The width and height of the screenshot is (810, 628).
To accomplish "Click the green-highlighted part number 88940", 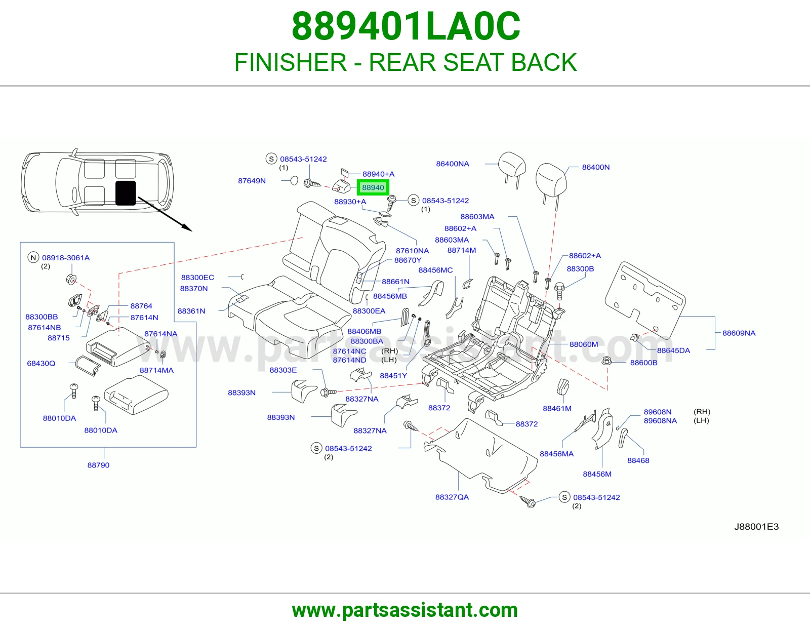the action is (373, 187).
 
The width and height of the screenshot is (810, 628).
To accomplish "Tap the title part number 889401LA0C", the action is (406, 26).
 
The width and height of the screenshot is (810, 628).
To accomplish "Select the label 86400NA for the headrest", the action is (453, 164).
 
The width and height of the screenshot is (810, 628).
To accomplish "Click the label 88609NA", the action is (739, 333).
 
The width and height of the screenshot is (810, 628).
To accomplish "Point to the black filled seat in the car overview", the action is (126, 193).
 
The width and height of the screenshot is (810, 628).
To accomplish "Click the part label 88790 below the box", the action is (98, 465).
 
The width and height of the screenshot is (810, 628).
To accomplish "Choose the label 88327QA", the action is (452, 497).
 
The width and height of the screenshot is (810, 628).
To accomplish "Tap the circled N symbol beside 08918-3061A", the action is (33, 257).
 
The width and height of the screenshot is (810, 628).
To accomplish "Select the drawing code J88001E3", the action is (756, 527).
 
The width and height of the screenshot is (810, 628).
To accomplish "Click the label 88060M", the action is (584, 344).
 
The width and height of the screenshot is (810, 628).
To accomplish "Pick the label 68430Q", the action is (41, 363).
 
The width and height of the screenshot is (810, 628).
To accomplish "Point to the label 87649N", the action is (252, 181).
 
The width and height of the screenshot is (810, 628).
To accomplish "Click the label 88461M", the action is (557, 408).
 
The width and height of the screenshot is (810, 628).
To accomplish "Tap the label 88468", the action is (638, 460).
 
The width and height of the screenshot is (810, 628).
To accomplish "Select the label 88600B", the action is (644, 363).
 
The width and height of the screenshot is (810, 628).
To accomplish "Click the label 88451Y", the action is (393, 375).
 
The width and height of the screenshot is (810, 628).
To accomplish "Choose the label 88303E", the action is (283, 370).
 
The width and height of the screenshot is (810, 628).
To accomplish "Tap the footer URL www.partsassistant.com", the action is (405, 610).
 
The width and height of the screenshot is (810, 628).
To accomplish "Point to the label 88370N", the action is (194, 288).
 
